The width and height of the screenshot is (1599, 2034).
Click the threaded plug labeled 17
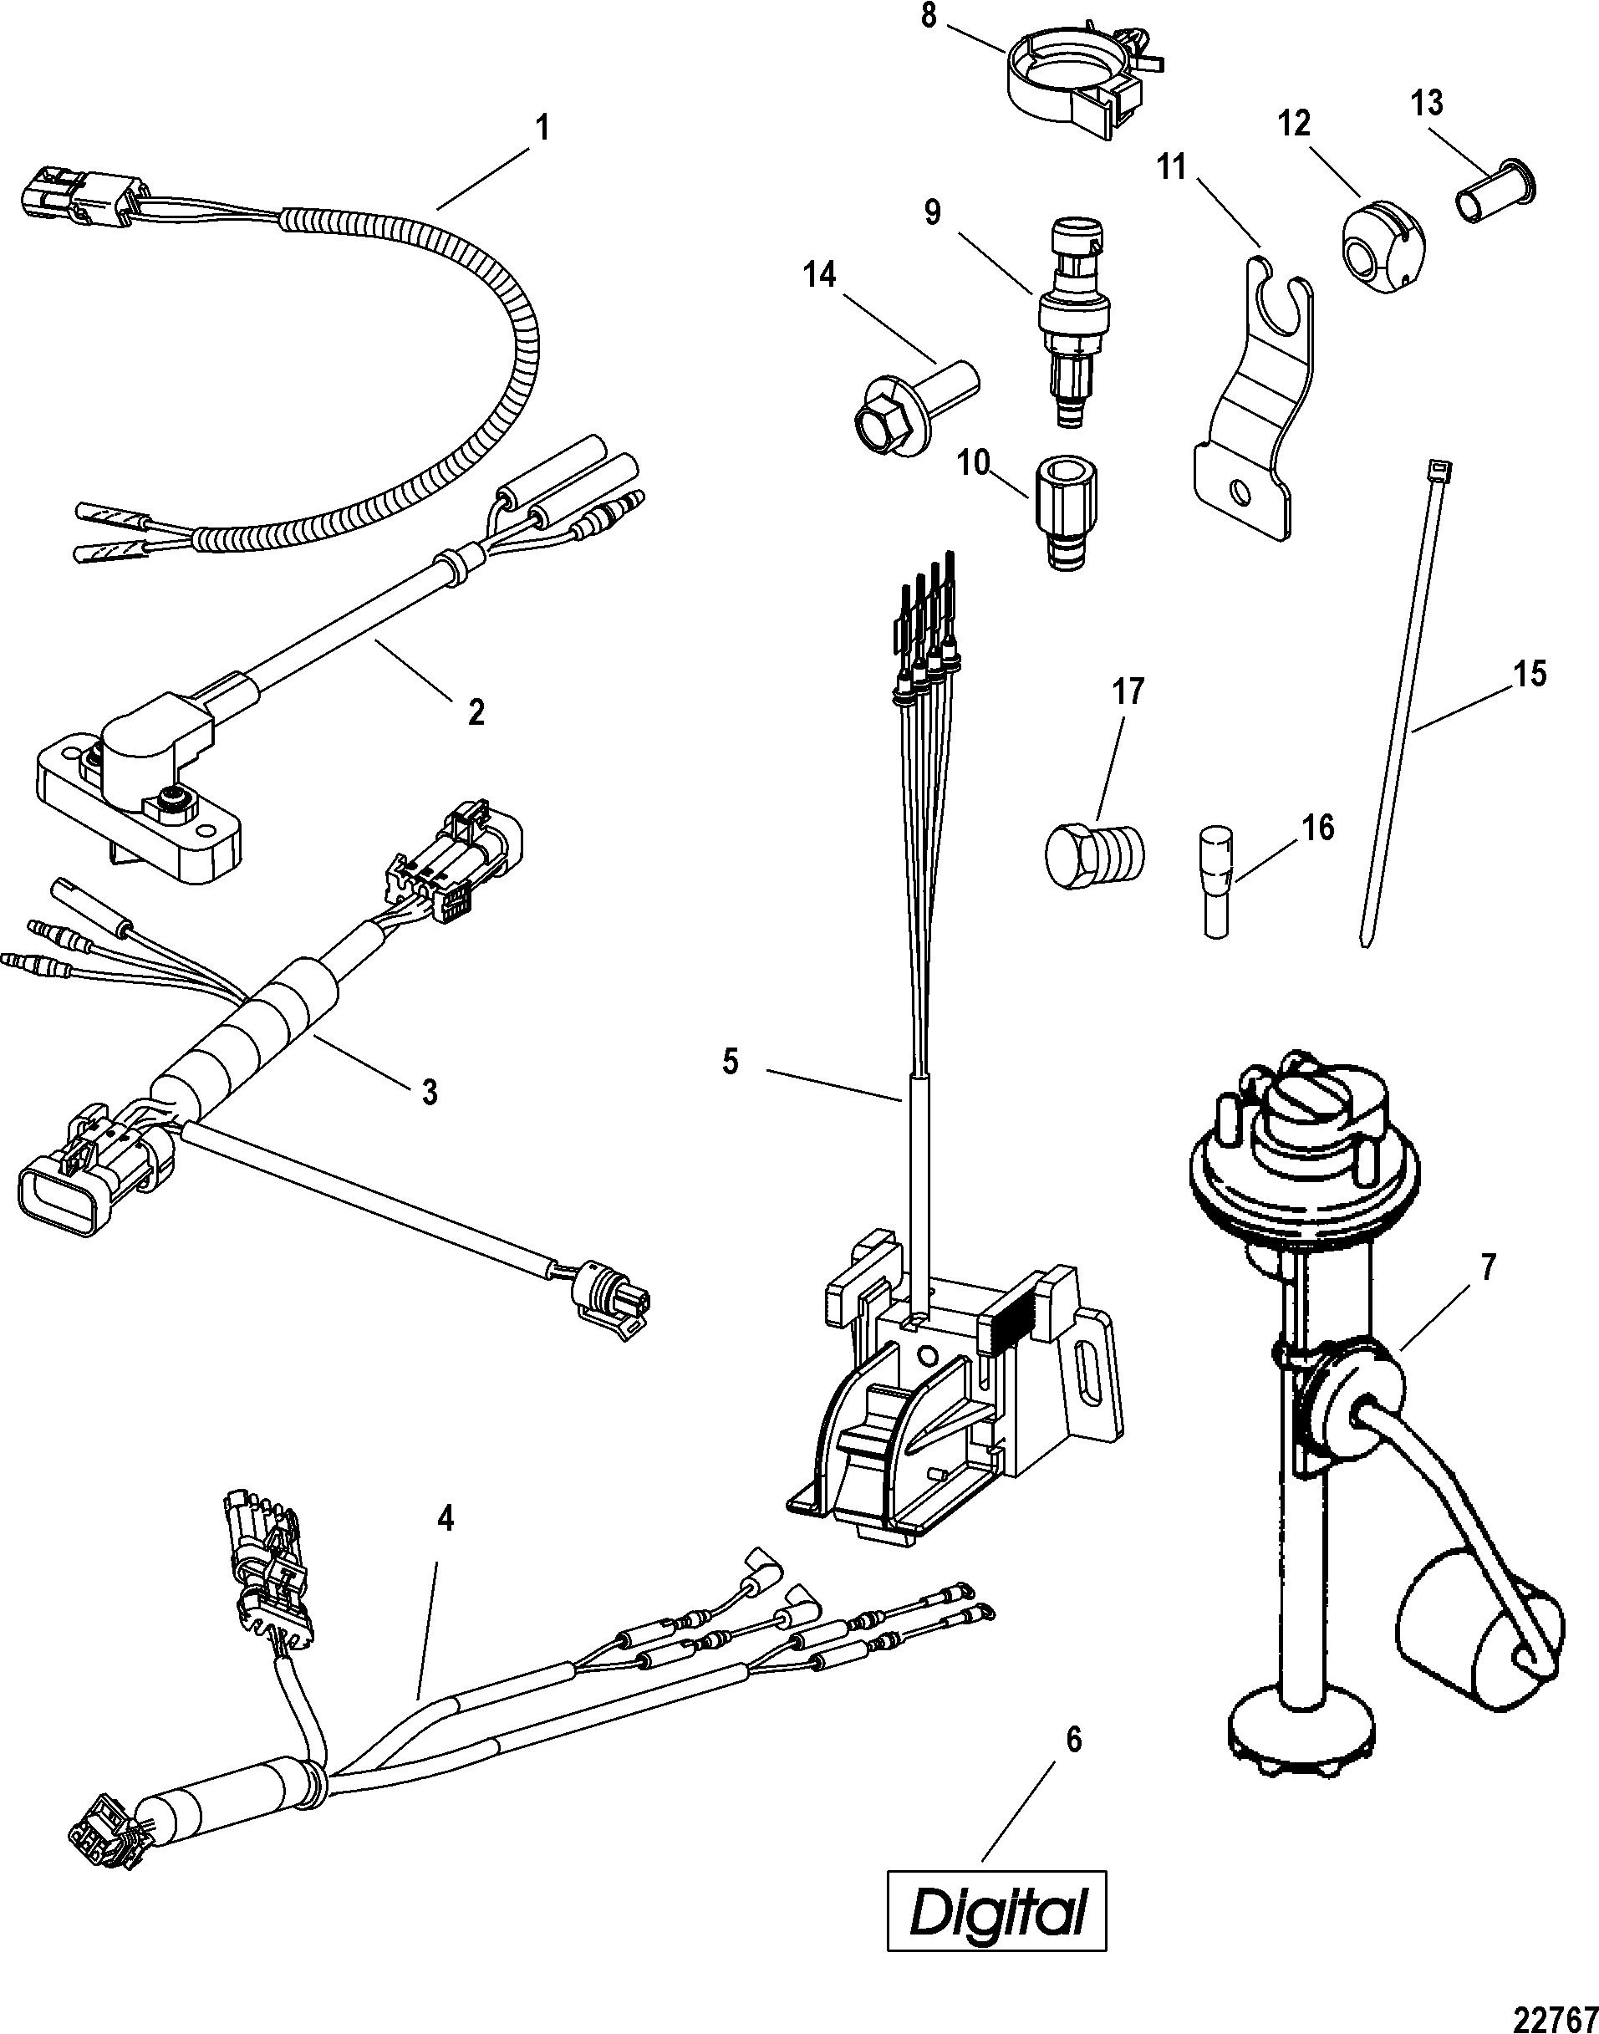(1093, 852)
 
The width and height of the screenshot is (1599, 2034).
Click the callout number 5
(731, 1062)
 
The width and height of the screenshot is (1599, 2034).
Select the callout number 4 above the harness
(446, 1519)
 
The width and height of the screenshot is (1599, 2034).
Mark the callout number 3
(429, 1092)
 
